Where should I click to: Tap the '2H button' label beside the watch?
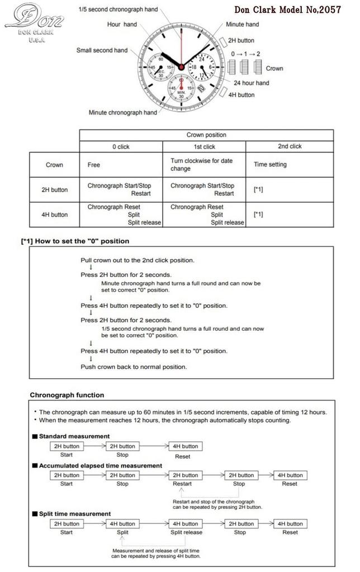click(x=241, y=40)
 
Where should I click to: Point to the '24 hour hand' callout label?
click(x=251, y=83)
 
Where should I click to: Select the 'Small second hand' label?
click(x=102, y=50)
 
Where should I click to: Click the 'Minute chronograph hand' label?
click(x=122, y=112)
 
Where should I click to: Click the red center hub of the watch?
click(x=181, y=67)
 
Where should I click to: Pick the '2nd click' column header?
click(x=290, y=146)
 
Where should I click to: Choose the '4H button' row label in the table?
click(x=54, y=214)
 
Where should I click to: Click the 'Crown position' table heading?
click(x=206, y=135)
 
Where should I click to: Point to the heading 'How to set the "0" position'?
click(x=75, y=241)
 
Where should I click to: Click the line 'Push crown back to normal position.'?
click(x=134, y=367)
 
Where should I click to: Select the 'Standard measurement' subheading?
click(x=74, y=436)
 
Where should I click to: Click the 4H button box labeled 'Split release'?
click(x=185, y=524)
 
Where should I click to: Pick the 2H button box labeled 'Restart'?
click(x=185, y=475)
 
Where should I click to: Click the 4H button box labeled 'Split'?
click(x=122, y=524)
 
